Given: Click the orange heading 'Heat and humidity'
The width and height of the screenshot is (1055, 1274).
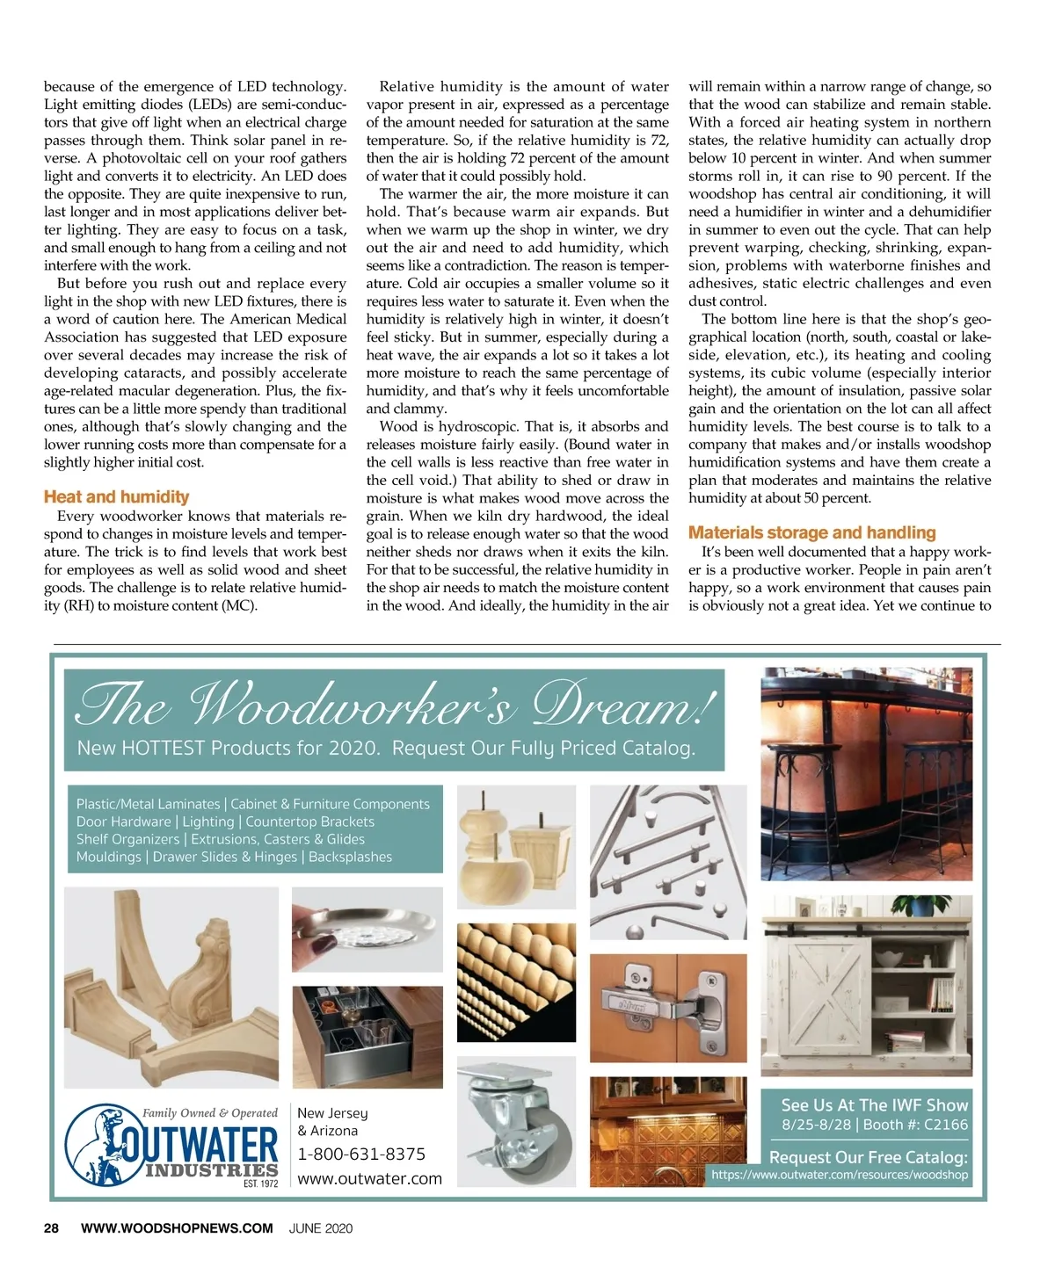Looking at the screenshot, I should (x=116, y=497).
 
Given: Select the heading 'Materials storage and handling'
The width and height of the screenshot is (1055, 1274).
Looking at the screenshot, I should (x=811, y=532).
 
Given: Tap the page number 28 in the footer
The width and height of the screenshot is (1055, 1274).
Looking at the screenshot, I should (x=52, y=1228).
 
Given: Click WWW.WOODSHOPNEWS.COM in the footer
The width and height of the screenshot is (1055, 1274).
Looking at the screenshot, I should (x=177, y=1228).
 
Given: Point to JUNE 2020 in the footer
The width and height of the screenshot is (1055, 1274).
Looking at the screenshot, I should (x=321, y=1228).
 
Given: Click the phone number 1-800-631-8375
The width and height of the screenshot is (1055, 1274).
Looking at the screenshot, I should (x=361, y=1154).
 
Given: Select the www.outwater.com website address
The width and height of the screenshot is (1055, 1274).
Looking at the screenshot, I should (x=369, y=1179).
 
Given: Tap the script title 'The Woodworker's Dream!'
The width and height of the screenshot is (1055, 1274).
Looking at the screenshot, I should (x=396, y=706).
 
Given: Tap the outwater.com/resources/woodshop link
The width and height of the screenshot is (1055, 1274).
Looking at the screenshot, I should (x=839, y=1175).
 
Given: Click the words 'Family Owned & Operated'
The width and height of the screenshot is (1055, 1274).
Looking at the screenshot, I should (x=210, y=1112).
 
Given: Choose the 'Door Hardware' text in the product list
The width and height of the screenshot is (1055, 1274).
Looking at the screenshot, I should (x=123, y=822).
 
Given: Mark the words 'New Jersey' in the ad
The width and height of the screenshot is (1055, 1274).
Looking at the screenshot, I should (x=332, y=1113).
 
